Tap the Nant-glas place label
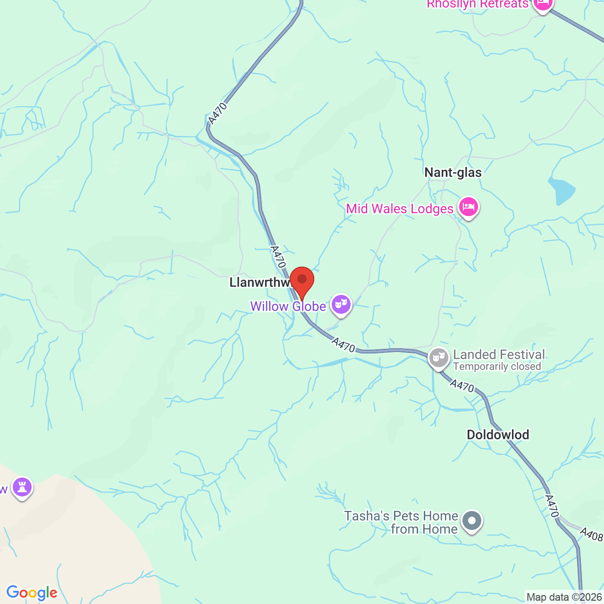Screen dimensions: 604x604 (453, 173)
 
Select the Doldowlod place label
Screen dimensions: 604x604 (498, 435)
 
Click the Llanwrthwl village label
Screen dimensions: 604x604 (260, 283)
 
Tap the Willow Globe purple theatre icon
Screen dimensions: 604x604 (341, 304)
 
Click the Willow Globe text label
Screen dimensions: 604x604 (288, 307)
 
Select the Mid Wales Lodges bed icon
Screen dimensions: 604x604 (469, 207)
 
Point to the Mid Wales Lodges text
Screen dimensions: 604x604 (400, 209)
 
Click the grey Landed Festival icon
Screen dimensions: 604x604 (439, 358)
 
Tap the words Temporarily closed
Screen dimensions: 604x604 (497, 367)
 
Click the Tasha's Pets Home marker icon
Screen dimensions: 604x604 (471, 521)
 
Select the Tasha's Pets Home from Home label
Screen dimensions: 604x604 (401, 522)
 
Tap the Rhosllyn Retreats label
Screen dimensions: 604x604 (478, 4)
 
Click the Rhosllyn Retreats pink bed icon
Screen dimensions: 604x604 (543, 4)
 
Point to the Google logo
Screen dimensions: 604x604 (32, 593)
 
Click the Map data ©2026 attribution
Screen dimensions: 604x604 (564, 597)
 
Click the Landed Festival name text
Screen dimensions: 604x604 (499, 354)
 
